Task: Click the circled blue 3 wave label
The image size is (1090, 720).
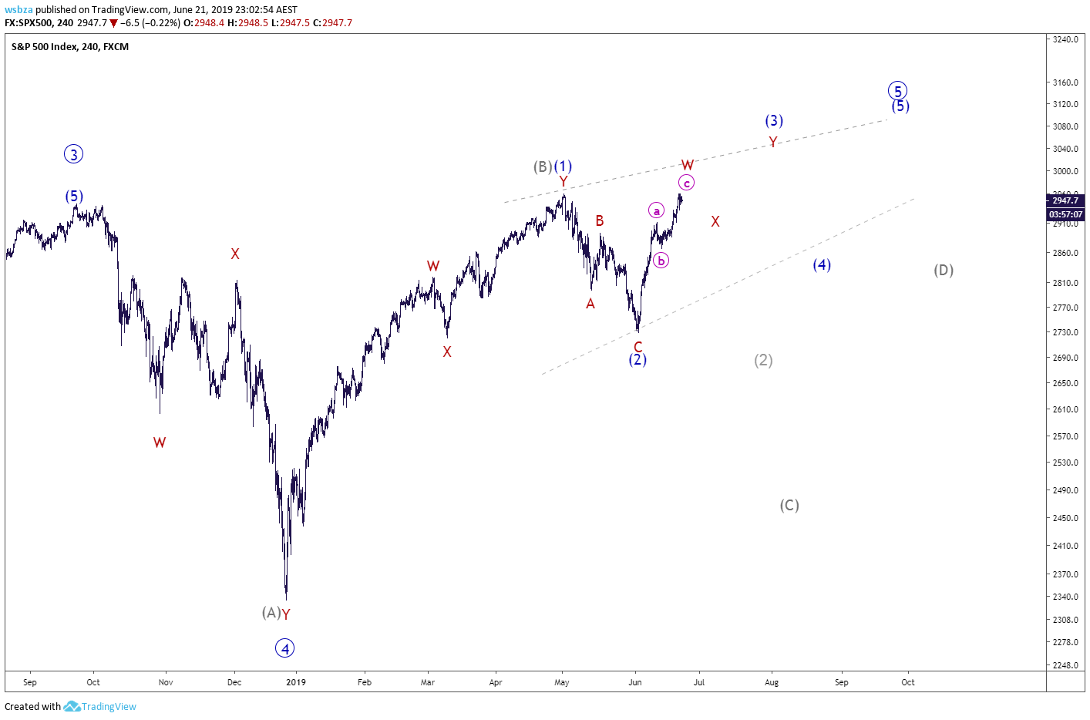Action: click(73, 154)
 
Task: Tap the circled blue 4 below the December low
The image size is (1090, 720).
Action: click(284, 648)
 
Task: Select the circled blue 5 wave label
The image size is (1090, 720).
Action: click(897, 90)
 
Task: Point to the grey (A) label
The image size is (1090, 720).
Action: click(271, 612)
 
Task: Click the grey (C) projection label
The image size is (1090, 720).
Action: click(789, 505)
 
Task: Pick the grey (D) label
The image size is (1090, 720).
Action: click(944, 270)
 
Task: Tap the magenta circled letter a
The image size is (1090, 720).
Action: click(656, 210)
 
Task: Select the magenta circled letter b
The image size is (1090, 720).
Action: click(661, 261)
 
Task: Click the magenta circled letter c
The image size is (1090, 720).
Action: click(686, 183)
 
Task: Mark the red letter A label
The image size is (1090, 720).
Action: click(590, 304)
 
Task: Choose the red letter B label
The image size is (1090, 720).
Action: click(600, 221)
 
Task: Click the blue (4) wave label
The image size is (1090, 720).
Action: click(822, 264)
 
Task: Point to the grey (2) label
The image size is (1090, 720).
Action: click(763, 360)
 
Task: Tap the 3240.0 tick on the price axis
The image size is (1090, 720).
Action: click(1065, 39)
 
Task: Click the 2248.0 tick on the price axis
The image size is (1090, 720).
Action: click(1065, 665)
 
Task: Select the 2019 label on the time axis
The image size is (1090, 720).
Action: click(296, 682)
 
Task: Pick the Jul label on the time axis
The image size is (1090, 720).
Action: click(698, 682)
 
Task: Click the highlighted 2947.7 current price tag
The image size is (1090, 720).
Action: click(1065, 200)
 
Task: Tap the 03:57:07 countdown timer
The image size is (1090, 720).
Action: click(1065, 214)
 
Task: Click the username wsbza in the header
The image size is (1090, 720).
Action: click(19, 10)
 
